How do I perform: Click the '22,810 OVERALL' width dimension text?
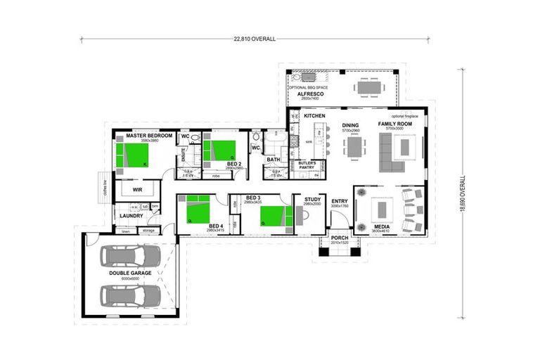tap(255, 39)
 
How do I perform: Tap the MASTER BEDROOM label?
tap(146, 135)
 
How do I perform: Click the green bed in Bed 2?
tap(221, 150)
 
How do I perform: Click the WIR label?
tap(138, 190)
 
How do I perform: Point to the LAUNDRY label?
tap(131, 216)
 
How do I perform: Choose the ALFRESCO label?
tap(309, 93)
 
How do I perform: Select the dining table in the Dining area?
tap(354, 147)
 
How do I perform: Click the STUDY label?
tap(312, 200)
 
